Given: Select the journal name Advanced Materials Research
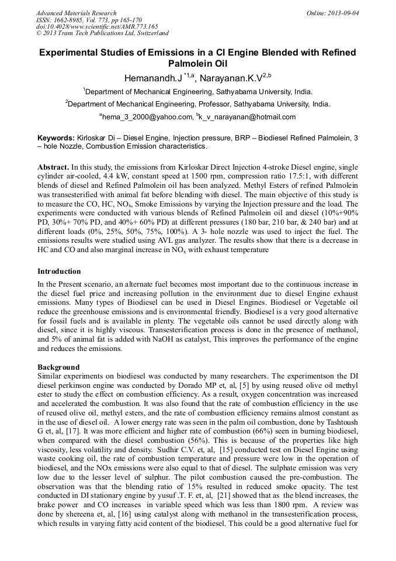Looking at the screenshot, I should tap(76, 13).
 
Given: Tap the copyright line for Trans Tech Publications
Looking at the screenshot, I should tap(102, 33).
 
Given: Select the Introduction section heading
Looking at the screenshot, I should tap(59, 271).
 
